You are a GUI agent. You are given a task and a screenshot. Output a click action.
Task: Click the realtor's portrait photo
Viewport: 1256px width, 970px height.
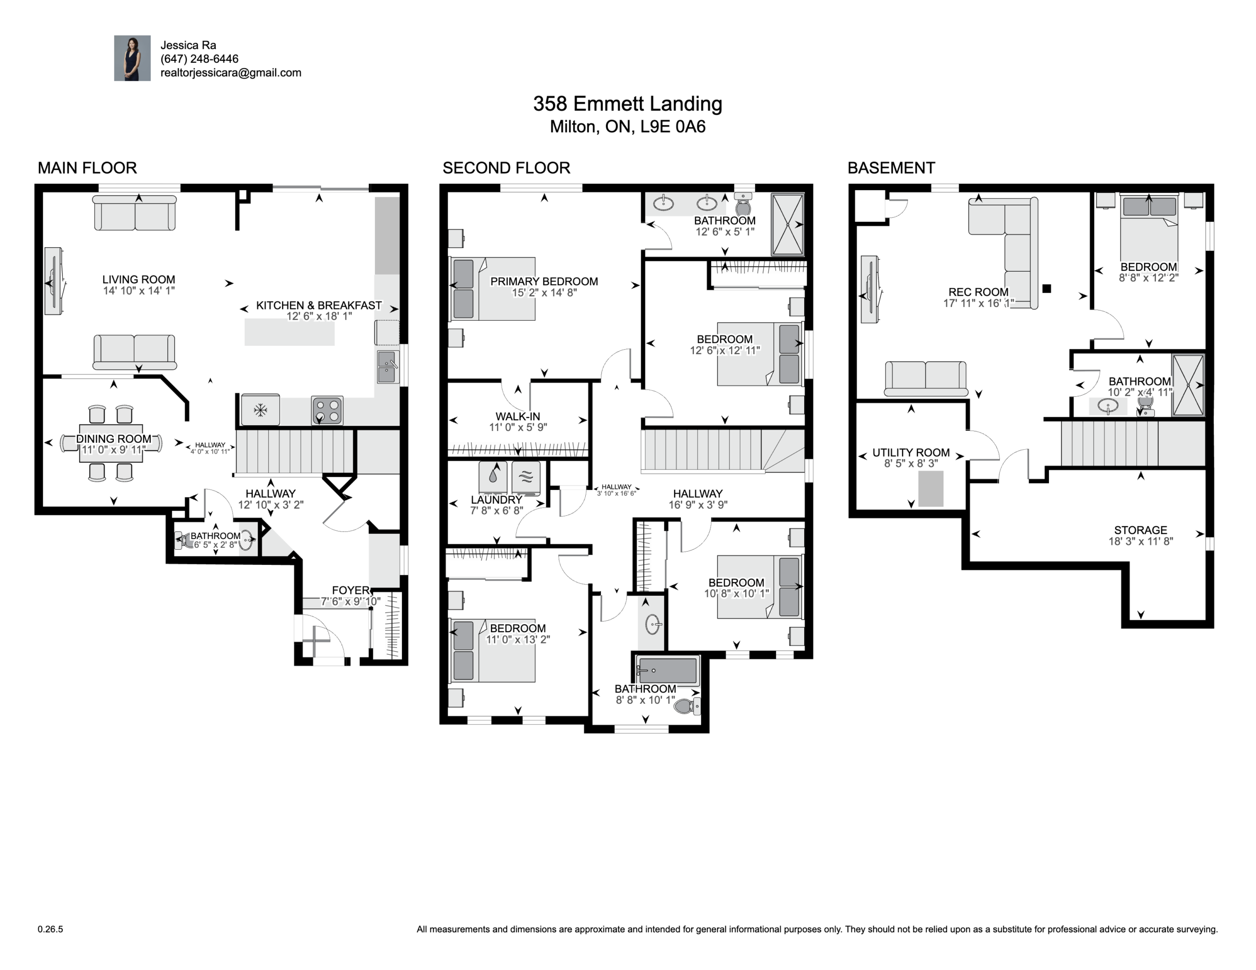(132, 58)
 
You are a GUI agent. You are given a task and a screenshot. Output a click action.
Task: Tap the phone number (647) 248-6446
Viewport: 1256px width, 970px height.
(199, 59)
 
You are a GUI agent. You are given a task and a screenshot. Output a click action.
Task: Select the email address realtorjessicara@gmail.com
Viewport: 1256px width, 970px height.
(231, 73)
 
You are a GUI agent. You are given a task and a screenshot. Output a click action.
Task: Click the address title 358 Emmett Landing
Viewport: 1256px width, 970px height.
(628, 103)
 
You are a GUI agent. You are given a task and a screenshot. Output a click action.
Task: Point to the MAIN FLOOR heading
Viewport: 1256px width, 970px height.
(87, 168)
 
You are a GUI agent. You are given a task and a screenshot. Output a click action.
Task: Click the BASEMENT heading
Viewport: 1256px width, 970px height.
(891, 168)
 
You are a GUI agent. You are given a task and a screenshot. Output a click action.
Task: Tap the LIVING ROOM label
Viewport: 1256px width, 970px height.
(138, 280)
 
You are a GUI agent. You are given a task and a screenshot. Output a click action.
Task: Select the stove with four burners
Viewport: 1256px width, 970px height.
(327, 410)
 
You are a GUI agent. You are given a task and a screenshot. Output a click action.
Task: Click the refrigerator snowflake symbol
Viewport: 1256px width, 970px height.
(261, 410)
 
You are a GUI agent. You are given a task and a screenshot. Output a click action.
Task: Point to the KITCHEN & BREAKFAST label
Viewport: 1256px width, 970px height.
(318, 306)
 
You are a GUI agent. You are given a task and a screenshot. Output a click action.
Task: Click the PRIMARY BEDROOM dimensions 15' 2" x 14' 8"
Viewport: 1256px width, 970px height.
(544, 293)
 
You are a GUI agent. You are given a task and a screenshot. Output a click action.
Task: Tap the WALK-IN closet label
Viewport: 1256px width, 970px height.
(518, 416)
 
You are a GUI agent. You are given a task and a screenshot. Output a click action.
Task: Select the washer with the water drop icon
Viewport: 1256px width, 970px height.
(493, 477)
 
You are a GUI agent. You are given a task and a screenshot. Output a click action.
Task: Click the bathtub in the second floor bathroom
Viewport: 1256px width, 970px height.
(668, 670)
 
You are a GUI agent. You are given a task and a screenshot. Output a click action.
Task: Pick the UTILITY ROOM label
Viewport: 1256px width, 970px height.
(911, 453)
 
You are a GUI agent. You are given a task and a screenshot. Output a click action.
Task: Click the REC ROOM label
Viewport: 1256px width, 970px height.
(978, 292)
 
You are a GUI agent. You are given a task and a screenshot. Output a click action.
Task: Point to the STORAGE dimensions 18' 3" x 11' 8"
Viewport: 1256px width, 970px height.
(1140, 541)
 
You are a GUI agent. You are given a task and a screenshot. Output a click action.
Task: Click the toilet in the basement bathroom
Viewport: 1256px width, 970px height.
(1145, 406)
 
